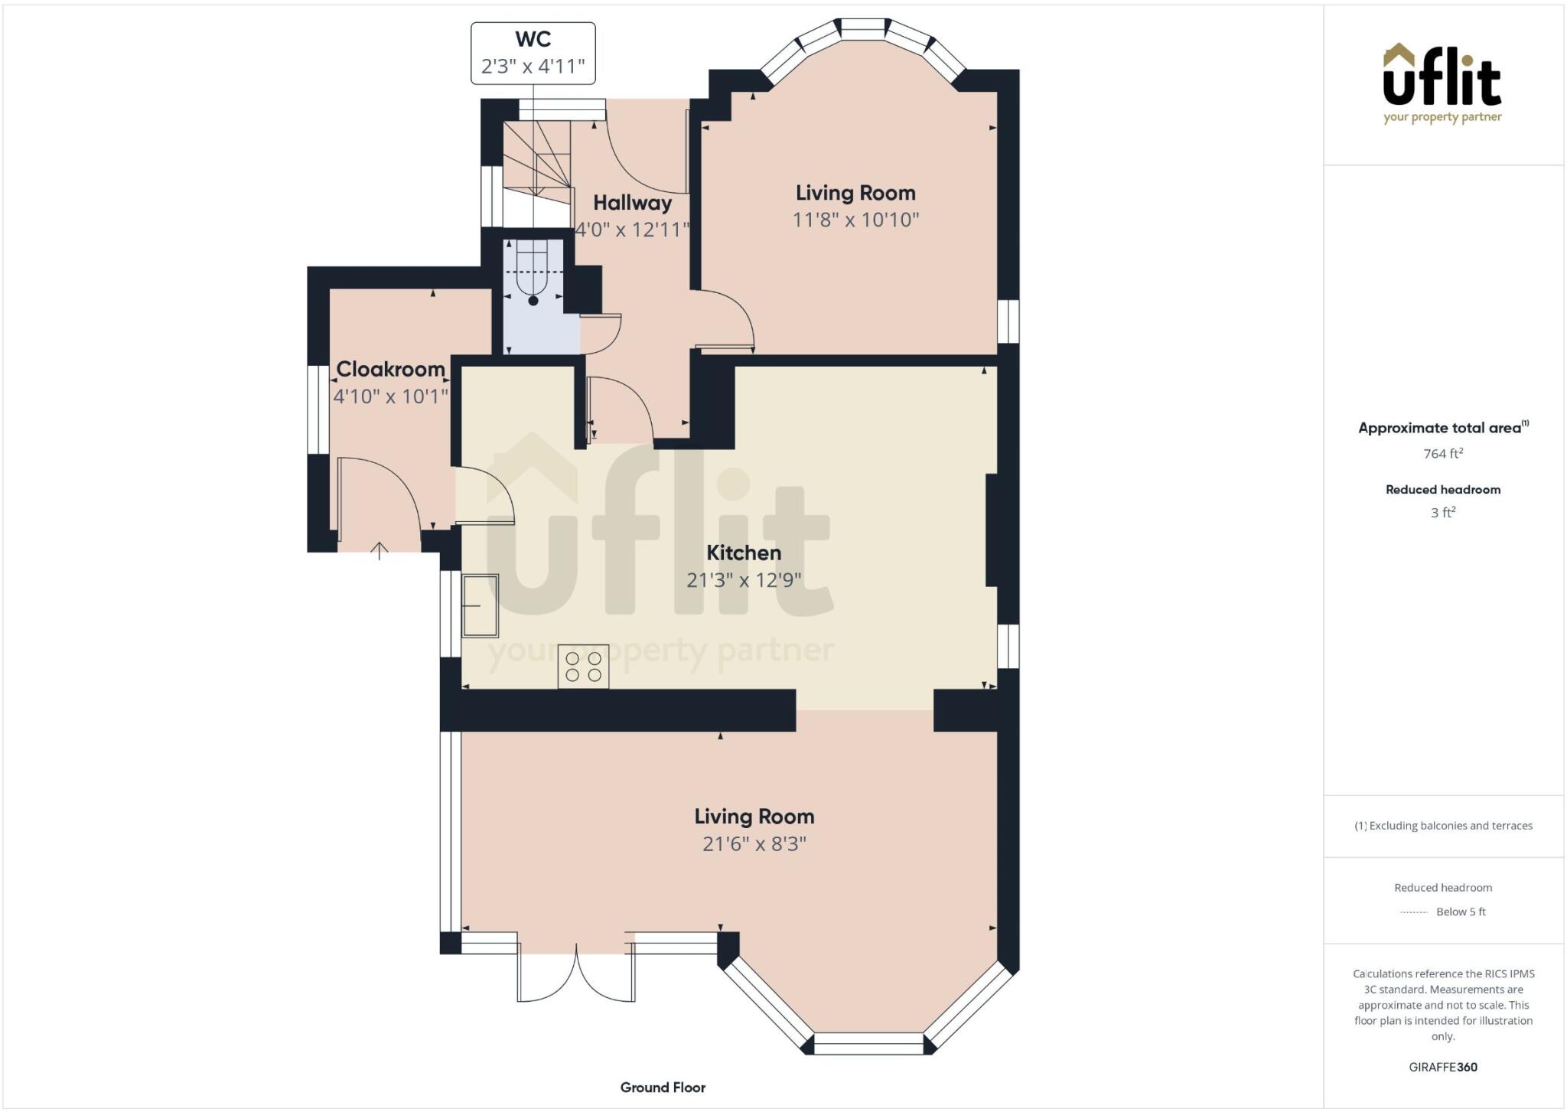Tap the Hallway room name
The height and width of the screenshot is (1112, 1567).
[x=632, y=203]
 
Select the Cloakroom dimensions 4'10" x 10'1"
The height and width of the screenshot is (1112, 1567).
[x=390, y=396]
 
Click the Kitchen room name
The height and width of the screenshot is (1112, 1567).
[x=743, y=553]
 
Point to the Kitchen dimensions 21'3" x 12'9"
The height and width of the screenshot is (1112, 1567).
[x=743, y=580]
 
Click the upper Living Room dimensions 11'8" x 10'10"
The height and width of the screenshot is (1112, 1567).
[x=855, y=220]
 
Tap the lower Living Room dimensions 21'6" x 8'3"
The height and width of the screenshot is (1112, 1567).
[x=754, y=843]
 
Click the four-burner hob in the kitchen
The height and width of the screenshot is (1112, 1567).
[x=583, y=667]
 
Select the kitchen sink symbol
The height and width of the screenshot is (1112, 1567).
[x=480, y=605]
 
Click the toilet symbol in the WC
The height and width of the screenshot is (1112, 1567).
[x=533, y=276]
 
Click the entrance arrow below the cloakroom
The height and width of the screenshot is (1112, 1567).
[x=380, y=550]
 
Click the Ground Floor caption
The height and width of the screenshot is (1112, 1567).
[x=663, y=1087]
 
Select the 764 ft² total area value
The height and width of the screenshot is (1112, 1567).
[x=1442, y=454]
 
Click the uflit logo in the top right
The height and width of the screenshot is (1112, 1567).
[x=1442, y=83]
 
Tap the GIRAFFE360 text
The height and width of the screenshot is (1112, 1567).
[x=1442, y=1067]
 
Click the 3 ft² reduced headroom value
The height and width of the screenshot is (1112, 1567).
[x=1442, y=513]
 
